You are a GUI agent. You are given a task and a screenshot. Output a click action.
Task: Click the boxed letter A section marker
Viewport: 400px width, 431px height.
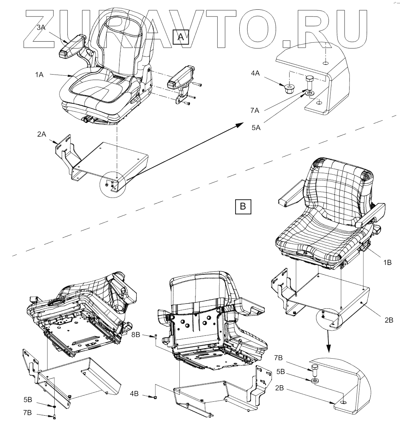pyautogui.click(x=181, y=37)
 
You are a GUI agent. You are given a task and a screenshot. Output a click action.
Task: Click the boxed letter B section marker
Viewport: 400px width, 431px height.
pyautogui.click(x=243, y=206)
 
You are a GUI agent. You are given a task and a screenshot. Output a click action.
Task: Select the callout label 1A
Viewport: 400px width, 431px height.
pyautogui.click(x=39, y=75)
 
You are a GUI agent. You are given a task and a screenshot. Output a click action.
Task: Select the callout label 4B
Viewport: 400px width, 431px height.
pyautogui.click(x=134, y=394)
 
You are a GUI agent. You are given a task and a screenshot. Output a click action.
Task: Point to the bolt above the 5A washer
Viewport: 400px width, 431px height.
pyautogui.click(x=309, y=81)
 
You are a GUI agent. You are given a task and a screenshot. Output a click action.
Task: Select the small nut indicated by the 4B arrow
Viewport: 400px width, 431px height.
pyautogui.click(x=154, y=397)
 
